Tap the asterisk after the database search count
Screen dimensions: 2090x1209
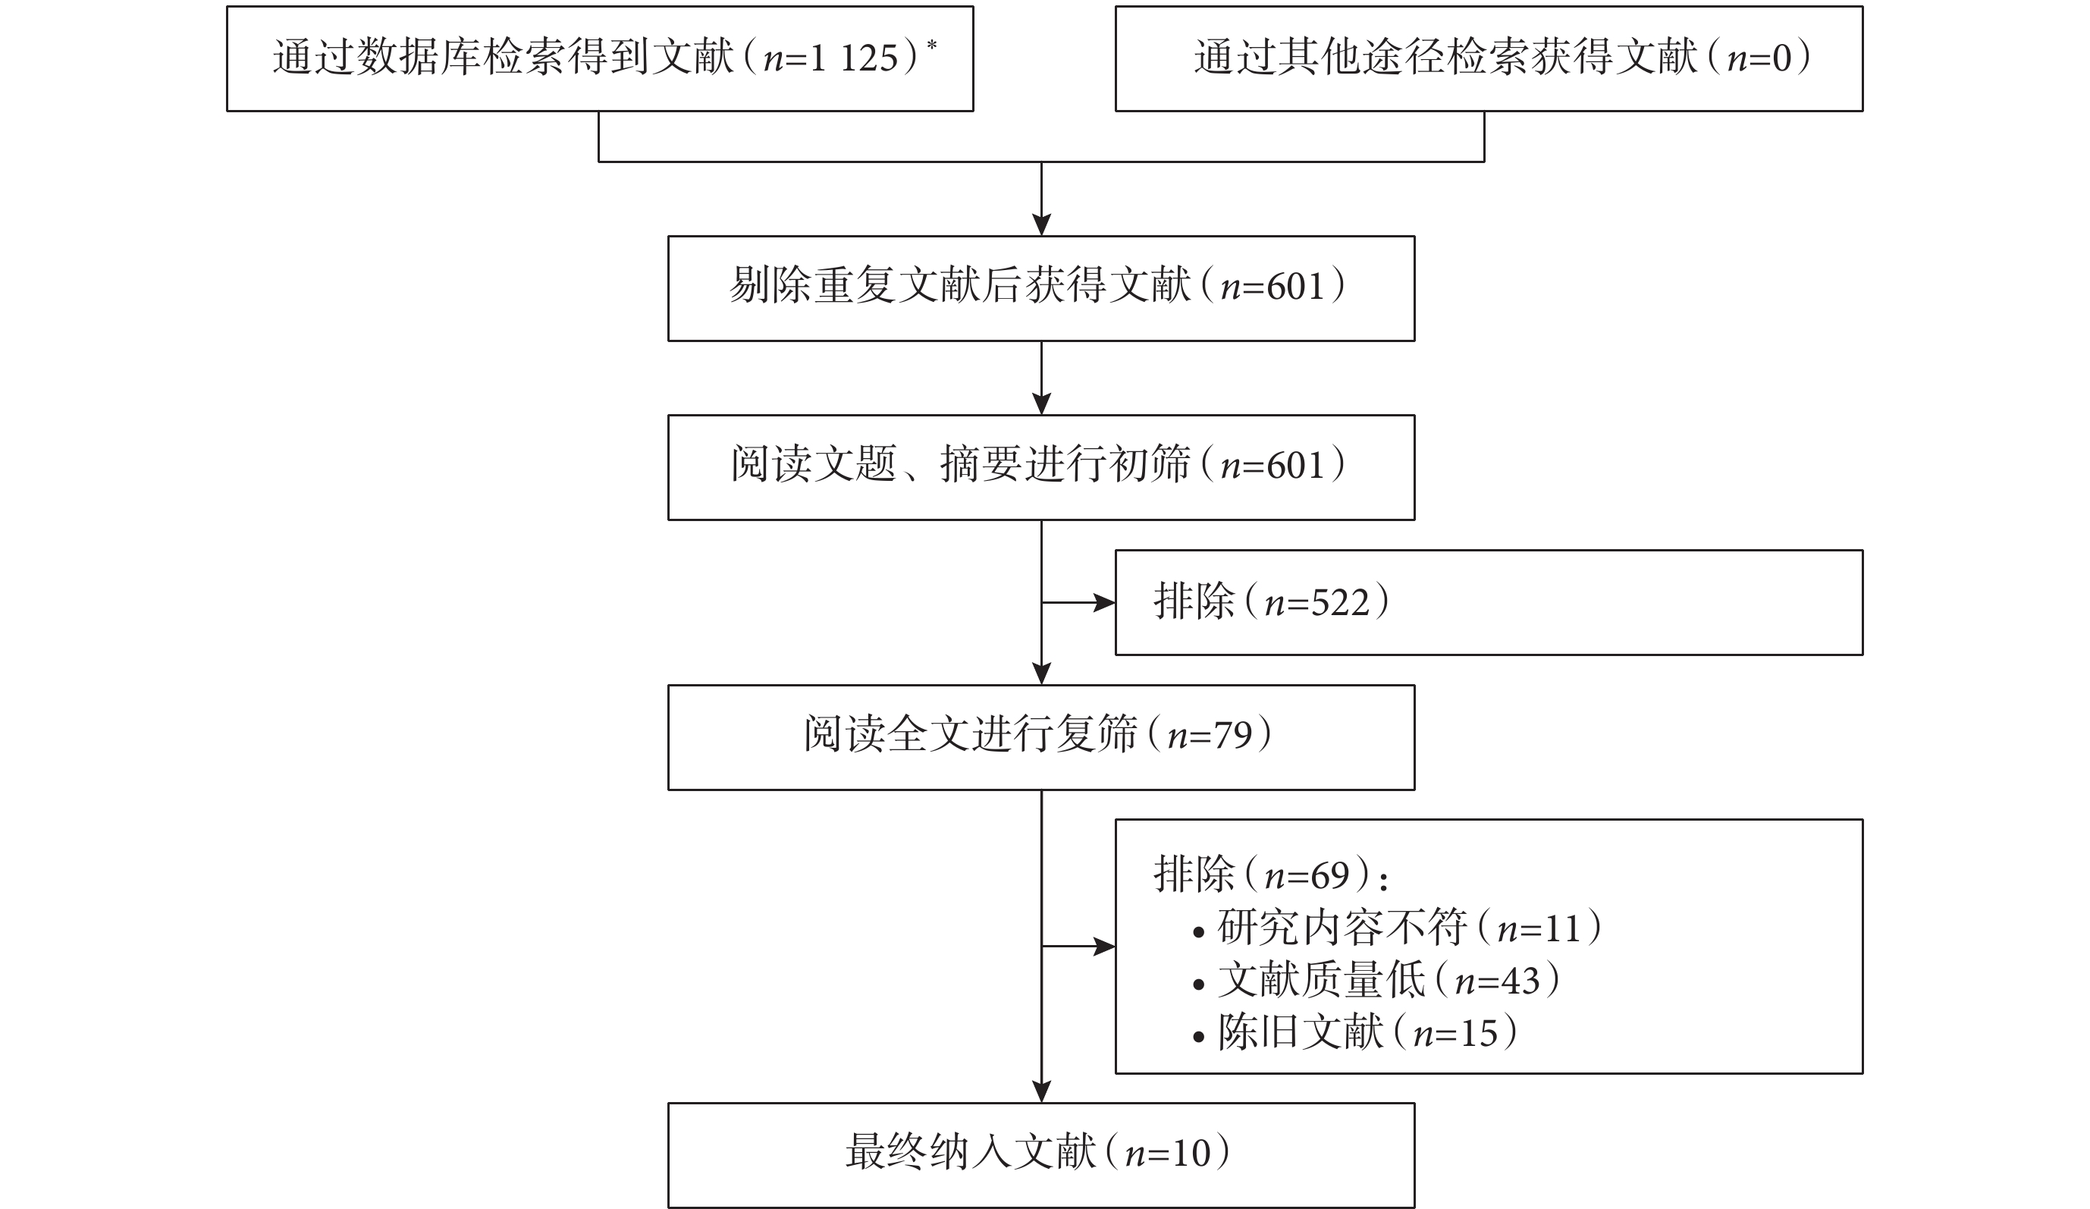click(932, 44)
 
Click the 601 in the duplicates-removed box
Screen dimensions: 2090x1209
click(1295, 287)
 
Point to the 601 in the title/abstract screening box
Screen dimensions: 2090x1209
click(1295, 466)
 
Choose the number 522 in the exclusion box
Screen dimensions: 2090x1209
click(1339, 603)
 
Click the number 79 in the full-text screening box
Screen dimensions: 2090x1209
click(1232, 736)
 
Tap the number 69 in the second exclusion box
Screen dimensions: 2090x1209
click(1330, 875)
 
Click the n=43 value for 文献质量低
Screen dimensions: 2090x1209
click(1498, 981)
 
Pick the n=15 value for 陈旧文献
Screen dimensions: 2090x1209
click(1455, 1034)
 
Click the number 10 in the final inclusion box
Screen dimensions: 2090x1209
click(1190, 1154)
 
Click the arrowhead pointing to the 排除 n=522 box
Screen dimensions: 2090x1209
click(1105, 603)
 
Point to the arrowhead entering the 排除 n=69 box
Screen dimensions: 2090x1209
click(1105, 946)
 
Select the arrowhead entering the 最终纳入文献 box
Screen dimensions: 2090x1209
click(1042, 1091)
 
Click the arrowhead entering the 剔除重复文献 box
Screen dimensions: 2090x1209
click(1042, 225)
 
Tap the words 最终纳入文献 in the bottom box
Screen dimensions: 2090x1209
click(971, 1154)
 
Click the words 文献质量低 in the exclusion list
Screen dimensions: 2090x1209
click(1321, 981)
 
